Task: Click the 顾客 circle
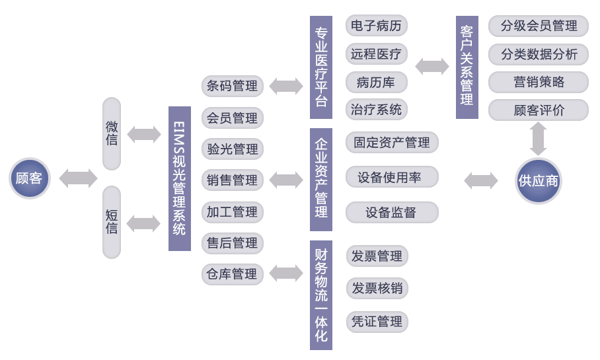30,178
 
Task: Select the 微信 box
112,133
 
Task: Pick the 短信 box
112,222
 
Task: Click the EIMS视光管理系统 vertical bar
180,178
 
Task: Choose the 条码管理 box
233,86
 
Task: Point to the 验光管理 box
233,149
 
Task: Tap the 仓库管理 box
233,273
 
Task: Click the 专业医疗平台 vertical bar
321,67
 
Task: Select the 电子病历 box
377,26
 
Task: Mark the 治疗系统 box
377,110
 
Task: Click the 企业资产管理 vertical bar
321,178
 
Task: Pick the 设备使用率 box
392,177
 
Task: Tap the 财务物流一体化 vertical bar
321,295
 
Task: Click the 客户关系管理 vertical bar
467,67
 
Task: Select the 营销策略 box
539,82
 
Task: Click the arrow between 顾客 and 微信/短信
78,178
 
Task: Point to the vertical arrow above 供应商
539,138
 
